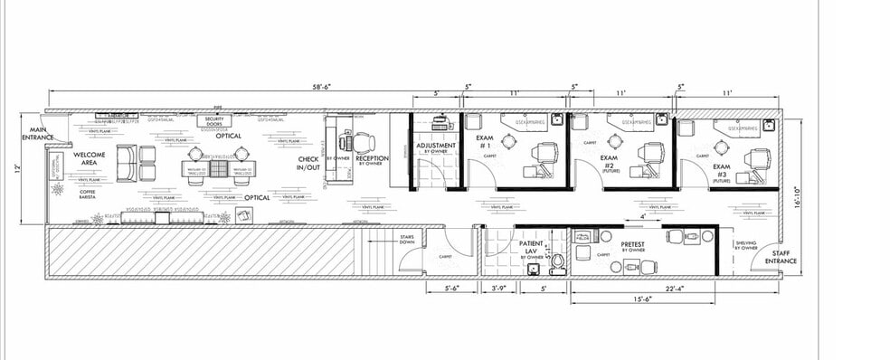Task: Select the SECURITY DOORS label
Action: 214,120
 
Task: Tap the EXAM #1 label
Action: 484,142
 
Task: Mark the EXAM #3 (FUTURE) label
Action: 721,173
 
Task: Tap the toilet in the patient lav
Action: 558,261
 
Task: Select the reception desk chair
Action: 364,142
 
